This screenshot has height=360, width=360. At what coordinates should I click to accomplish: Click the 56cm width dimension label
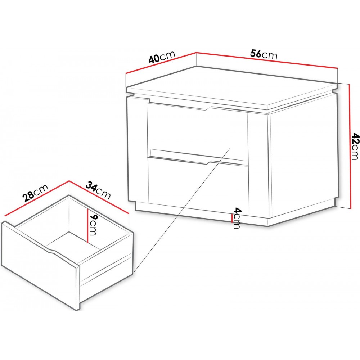click(x=264, y=55)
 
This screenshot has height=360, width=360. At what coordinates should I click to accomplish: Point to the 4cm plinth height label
click(x=237, y=218)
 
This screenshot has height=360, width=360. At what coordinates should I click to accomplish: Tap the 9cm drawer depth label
click(x=93, y=225)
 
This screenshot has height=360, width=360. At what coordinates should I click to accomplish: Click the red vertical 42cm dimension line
click(x=350, y=147)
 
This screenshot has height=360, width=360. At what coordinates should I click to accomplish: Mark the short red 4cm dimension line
click(x=232, y=218)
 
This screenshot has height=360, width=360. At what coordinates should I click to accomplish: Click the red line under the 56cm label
click(x=267, y=60)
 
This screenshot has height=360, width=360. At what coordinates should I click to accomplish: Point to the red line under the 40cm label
click(x=161, y=63)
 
